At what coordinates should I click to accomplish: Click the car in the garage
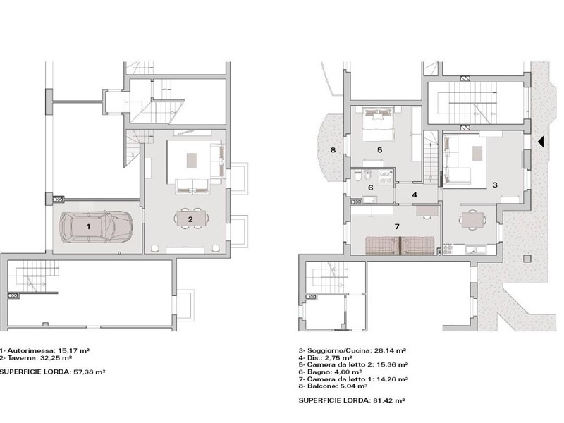(x=96, y=226)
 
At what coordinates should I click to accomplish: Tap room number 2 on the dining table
(x=190, y=219)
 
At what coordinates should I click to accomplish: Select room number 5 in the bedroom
(x=379, y=149)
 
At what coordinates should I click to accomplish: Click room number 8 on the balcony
(x=333, y=149)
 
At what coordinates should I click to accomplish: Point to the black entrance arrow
(x=540, y=142)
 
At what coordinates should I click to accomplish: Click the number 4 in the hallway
(x=415, y=195)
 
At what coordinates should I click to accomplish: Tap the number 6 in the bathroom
(x=371, y=188)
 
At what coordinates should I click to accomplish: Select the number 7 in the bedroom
(x=397, y=226)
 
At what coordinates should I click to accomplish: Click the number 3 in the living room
(x=495, y=185)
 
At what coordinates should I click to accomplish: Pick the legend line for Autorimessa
(x=44, y=350)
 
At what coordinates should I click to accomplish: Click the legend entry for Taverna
(x=36, y=358)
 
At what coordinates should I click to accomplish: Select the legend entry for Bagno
(x=330, y=372)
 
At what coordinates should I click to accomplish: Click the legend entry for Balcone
(x=333, y=386)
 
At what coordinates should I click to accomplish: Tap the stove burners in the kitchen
(x=448, y=250)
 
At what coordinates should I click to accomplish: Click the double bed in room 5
(x=377, y=125)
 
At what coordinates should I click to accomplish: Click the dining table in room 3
(x=472, y=220)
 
